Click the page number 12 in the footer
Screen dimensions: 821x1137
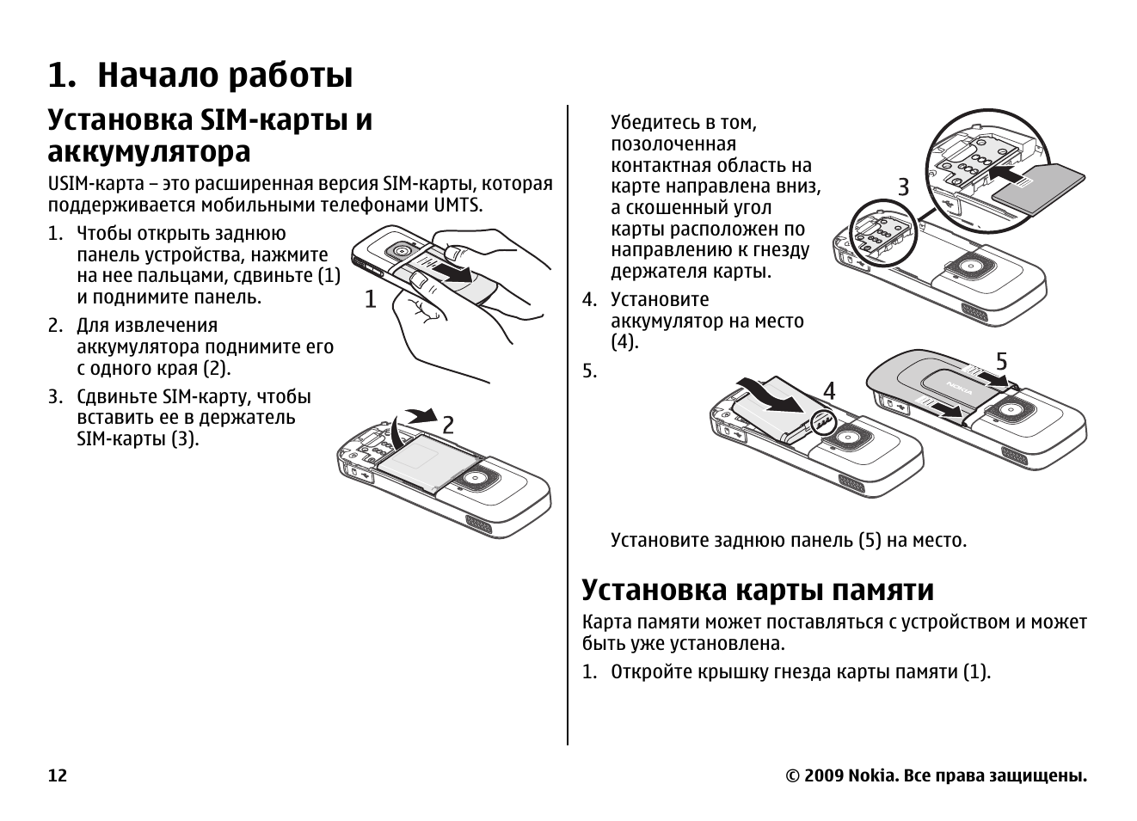pyautogui.click(x=57, y=776)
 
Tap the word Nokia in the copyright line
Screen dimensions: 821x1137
pyautogui.click(x=872, y=776)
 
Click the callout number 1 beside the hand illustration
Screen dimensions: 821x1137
pyautogui.click(x=370, y=300)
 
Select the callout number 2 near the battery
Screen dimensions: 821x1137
pyautogui.click(x=448, y=425)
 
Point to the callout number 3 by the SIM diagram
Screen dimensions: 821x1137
pyautogui.click(x=903, y=187)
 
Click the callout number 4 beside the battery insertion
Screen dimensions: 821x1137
pyautogui.click(x=829, y=391)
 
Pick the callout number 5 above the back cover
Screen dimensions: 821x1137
pyautogui.click(x=1001, y=362)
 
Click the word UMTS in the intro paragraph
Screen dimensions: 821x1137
pyautogui.click(x=458, y=205)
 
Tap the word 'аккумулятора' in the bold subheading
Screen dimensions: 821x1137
pyautogui.click(x=149, y=152)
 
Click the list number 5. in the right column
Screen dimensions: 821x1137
pyautogui.click(x=589, y=371)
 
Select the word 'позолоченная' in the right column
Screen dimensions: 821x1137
pyautogui.click(x=673, y=144)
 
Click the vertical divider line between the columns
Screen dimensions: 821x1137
pyautogui.click(x=568, y=430)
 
